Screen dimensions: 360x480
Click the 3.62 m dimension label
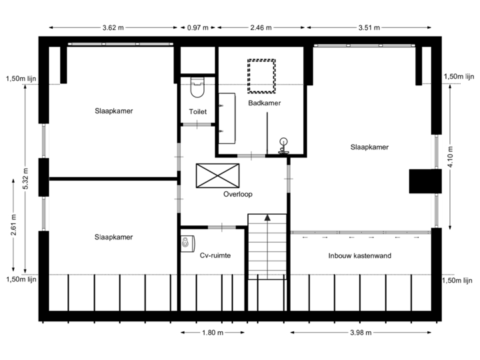coord(113,28)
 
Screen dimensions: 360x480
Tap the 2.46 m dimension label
coord(261,28)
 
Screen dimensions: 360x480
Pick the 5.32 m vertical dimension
coord(25,178)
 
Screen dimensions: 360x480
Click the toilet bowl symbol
coord(197,85)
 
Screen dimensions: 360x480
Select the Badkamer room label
coord(264,103)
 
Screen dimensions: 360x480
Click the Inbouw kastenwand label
coord(360,256)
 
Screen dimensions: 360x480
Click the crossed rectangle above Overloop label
coord(217,175)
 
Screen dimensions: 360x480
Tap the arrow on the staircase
coord(267,218)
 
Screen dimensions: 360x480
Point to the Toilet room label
coord(197,112)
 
